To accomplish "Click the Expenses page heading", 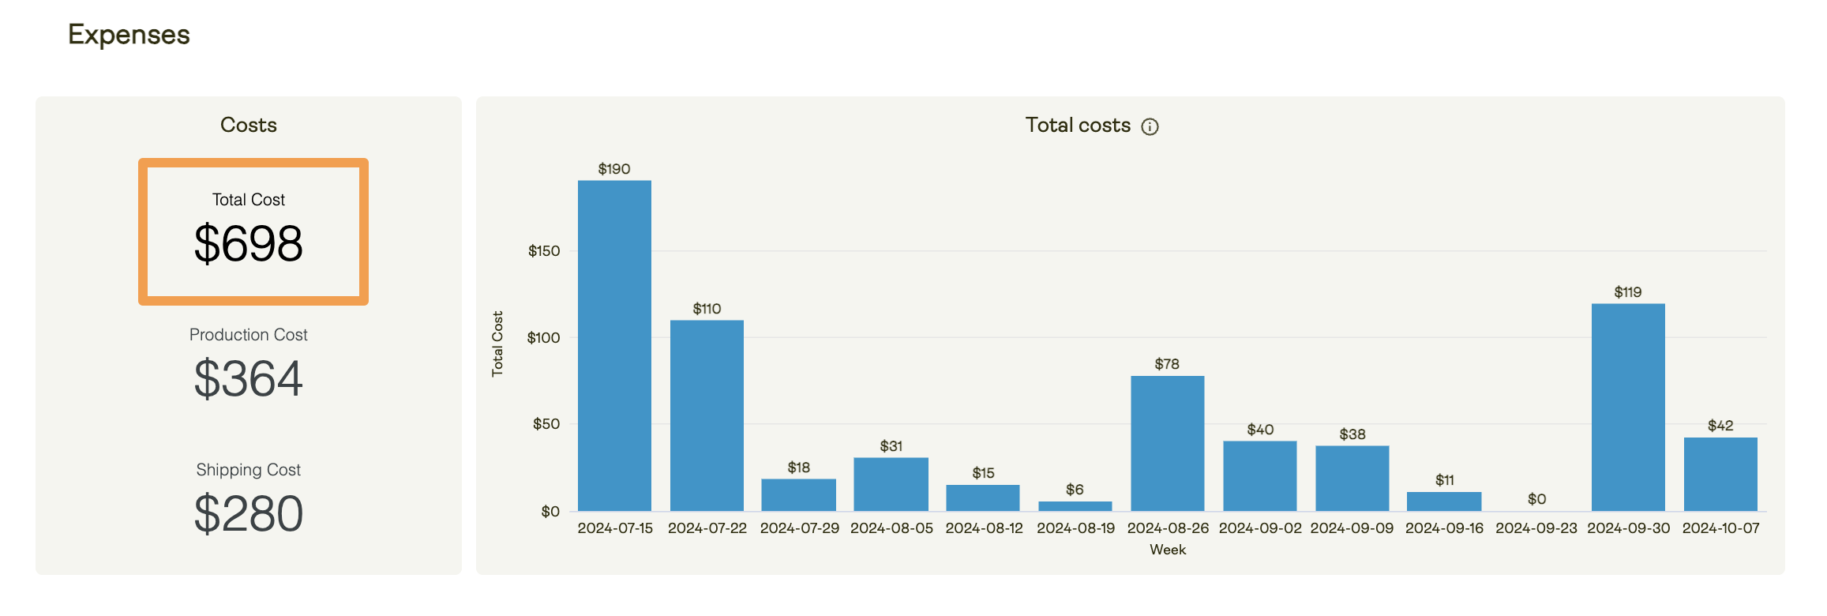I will pos(129,35).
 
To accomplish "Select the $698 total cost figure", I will pos(249,243).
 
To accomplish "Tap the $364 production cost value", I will pos(249,378).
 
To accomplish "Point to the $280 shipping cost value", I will pos(249,513).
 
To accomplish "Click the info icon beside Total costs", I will pos(1150,126).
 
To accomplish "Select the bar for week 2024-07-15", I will pos(614,345).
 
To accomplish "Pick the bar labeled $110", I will pos(707,415).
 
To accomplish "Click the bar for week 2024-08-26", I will pos(1167,443).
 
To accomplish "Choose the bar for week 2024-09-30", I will pos(1628,407).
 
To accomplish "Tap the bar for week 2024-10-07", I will pos(1720,474).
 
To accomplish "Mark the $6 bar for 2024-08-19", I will pos(1075,505).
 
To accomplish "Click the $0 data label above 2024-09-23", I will pos(1536,499).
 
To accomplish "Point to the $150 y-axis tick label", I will pos(544,251).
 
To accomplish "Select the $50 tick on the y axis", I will pos(546,424).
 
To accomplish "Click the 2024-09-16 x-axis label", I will pos(1444,528).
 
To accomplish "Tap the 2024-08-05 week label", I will pos(891,528).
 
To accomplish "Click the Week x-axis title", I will pos(1167,550).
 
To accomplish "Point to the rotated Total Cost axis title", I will pos(497,344).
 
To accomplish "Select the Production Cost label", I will pos(249,335).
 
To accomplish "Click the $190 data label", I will pos(614,169).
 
